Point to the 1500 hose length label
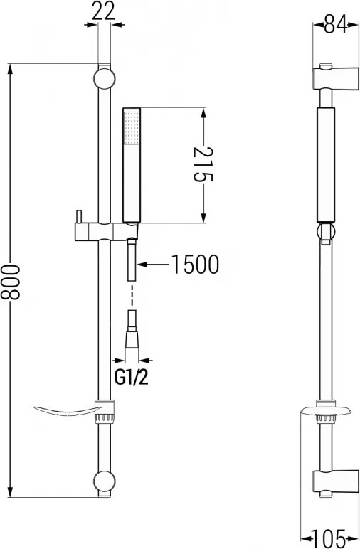(194, 265)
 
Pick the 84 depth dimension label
(334, 26)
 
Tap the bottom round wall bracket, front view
(104, 481)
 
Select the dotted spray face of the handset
(132, 128)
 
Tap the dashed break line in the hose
(132, 296)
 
